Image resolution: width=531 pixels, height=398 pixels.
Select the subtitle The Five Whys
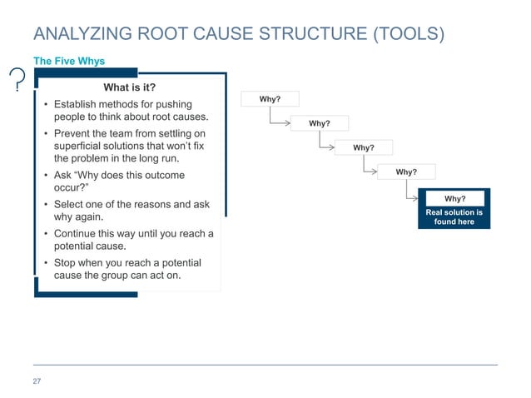(68, 61)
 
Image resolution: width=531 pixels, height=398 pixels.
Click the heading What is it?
(129, 87)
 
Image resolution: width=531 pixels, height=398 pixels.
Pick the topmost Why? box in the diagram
(270, 100)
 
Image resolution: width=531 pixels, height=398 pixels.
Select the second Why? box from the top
(320, 124)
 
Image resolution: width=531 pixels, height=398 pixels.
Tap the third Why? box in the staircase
(364, 148)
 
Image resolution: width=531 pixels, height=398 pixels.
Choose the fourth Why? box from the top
(406, 172)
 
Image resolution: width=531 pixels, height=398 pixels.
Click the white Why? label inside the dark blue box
(454, 199)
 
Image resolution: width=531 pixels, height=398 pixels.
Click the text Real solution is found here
(454, 217)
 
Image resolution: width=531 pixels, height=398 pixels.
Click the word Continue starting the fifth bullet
(78, 233)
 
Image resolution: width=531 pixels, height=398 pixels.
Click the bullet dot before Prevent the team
(44, 133)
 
